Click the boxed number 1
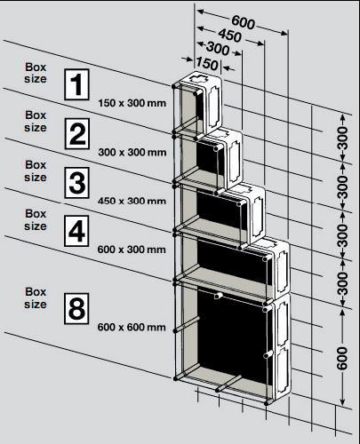(76, 84)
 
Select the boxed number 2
(76, 133)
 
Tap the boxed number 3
(76, 182)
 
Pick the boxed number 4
(76, 231)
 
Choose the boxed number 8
(76, 308)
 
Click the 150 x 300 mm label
(132, 103)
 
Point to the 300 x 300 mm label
(132, 153)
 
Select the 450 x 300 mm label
(132, 201)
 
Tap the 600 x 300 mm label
(132, 250)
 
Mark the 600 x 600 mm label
(132, 328)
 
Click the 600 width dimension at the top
(243, 22)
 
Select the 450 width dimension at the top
(229, 36)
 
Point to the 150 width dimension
(207, 63)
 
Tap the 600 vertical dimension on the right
(342, 358)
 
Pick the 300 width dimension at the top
(218, 48)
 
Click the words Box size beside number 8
(36, 298)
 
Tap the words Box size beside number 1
(36, 73)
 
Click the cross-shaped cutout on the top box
(197, 79)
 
